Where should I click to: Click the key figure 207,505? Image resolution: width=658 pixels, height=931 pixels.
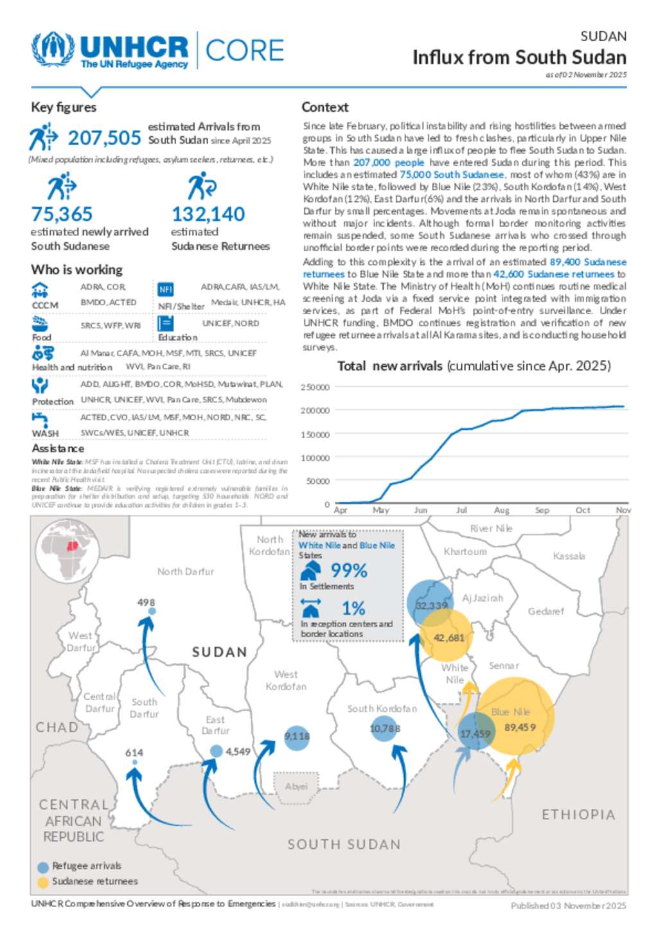tap(104, 138)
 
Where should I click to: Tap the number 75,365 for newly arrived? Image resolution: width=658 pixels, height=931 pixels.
tap(62, 214)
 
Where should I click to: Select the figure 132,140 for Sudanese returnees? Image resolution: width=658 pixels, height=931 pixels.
tap(208, 214)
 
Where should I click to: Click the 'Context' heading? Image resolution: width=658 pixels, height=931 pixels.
tap(325, 107)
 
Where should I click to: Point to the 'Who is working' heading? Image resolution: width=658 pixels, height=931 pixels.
tap(76, 270)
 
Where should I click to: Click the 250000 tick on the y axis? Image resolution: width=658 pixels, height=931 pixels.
tap(315, 387)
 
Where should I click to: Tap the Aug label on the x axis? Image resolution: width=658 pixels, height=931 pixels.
tap(501, 510)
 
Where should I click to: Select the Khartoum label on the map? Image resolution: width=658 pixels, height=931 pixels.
tap(465, 552)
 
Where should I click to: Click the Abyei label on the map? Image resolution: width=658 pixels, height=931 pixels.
tap(296, 786)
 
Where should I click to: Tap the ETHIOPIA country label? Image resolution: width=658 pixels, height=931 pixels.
tap(578, 815)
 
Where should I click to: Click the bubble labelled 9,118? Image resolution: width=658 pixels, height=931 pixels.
tap(297, 736)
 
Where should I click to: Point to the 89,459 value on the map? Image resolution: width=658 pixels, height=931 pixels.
tap(520, 727)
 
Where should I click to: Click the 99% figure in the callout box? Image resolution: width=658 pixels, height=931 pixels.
tap(349, 571)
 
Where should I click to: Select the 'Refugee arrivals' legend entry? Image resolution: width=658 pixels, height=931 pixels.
tap(86, 866)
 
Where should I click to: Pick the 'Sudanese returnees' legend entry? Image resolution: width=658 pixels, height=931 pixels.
tap(94, 882)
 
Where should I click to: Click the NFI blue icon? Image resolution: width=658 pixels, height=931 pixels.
tap(166, 289)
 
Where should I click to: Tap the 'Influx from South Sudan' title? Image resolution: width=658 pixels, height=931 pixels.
tap(519, 58)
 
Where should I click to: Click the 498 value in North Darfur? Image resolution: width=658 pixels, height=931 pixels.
tap(146, 603)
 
